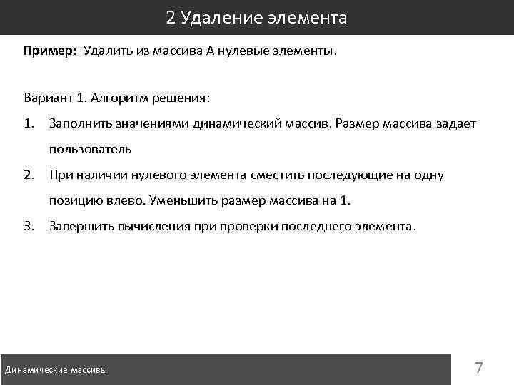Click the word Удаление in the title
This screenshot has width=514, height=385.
click(211, 18)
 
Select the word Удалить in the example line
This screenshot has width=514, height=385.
click(105, 51)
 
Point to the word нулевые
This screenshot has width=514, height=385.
click(243, 51)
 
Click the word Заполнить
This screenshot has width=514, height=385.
click(77, 124)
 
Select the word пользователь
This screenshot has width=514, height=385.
click(90, 149)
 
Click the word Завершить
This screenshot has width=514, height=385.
click(77, 227)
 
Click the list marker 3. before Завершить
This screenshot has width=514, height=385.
click(29, 227)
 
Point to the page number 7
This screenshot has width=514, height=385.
click(479, 369)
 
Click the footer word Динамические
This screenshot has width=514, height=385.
click(36, 370)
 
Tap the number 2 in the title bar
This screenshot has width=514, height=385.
click(171, 18)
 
